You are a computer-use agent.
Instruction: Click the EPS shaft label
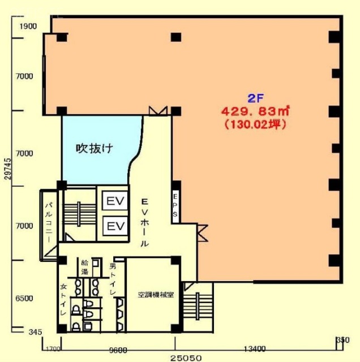point(175,206)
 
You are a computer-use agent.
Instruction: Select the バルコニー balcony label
point(49,223)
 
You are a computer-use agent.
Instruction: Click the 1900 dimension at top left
point(28,27)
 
